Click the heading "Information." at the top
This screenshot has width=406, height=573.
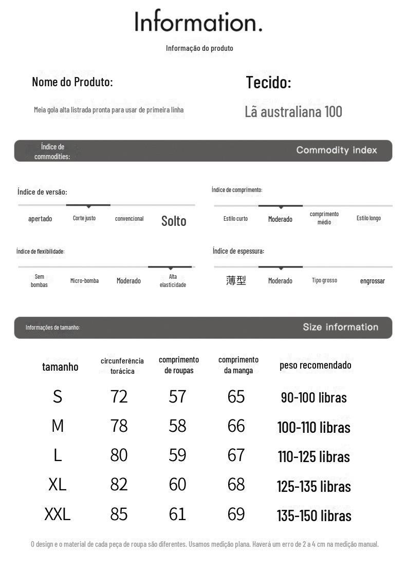(198, 22)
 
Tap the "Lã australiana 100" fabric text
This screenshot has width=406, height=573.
(293, 111)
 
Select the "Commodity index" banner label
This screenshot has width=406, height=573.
(337, 150)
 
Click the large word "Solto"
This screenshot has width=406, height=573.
(174, 221)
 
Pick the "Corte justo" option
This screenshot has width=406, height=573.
(84, 218)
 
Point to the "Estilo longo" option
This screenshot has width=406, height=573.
(368, 218)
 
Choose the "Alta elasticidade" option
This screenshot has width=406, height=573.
(173, 281)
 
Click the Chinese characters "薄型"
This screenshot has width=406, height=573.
(236, 280)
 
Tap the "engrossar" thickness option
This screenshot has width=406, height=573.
(372, 281)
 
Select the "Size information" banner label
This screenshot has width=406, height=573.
(340, 327)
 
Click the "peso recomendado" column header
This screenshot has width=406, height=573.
(315, 365)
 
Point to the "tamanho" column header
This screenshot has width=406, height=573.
(60, 367)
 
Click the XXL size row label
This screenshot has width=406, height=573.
(57, 514)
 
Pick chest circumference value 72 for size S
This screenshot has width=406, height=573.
(119, 396)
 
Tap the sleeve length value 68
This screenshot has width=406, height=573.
(236, 484)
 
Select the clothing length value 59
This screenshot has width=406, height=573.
(177, 455)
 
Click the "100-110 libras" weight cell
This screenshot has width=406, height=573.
(313, 427)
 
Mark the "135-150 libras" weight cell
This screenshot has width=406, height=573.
(314, 515)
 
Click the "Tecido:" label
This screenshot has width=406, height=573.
(268, 82)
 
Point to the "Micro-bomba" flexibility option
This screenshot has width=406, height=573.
(84, 281)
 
